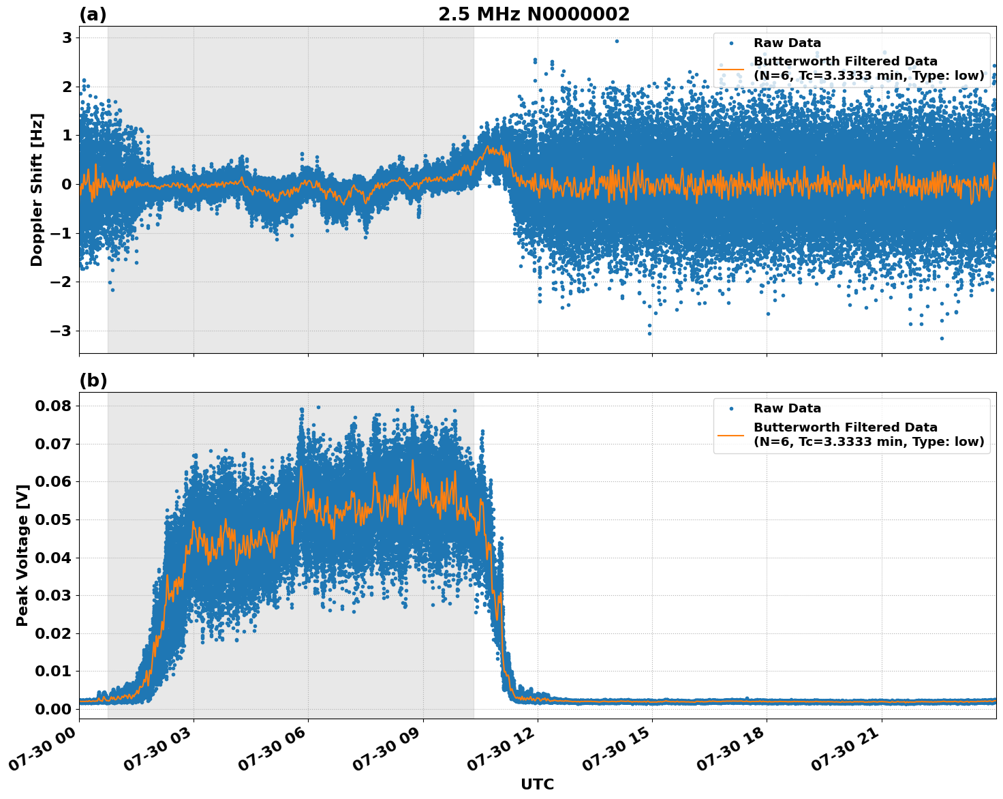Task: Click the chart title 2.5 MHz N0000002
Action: point(534,14)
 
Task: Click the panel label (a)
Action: point(93,14)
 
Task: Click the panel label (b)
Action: point(93,380)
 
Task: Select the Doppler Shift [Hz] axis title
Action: point(37,190)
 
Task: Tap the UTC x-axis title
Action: point(537,784)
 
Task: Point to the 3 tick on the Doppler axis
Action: point(67,37)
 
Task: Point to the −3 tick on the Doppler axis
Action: point(62,331)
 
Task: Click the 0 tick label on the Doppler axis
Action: point(67,185)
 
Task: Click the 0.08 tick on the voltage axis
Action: point(53,406)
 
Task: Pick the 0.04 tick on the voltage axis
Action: point(53,558)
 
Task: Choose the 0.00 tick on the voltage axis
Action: point(53,709)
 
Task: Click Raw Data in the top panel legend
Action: point(787,43)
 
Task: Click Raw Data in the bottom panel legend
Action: point(787,408)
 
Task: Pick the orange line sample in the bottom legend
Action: point(730,434)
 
